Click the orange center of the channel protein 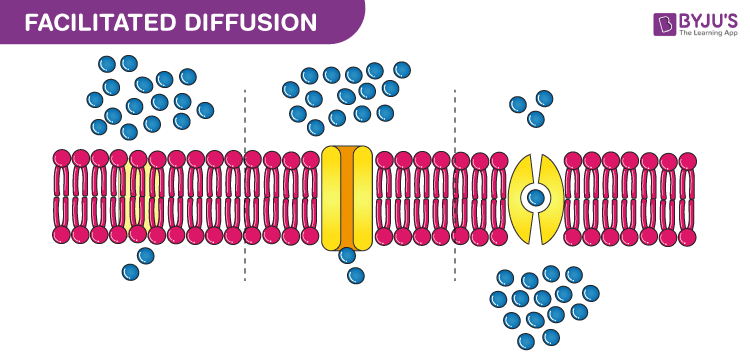point(347,196)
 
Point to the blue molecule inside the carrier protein point(537,196)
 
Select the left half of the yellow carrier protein point(521,197)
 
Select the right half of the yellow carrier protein point(553,197)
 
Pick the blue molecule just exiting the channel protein point(347,255)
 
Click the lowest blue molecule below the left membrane point(130,271)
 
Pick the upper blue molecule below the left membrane point(146,255)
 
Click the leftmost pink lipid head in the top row point(62,158)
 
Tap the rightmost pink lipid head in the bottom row point(688,236)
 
